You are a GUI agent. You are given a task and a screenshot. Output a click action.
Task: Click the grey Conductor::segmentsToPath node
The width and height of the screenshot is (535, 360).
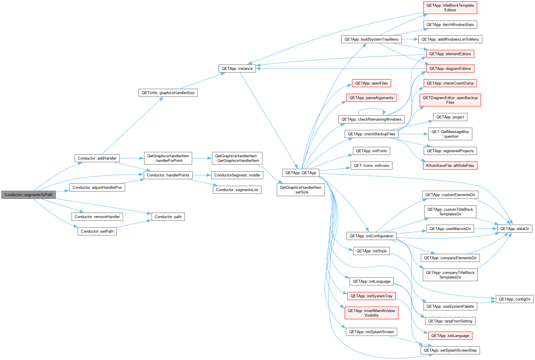click(x=29, y=195)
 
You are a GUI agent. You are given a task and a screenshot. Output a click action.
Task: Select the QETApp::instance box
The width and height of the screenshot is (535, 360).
click(x=237, y=69)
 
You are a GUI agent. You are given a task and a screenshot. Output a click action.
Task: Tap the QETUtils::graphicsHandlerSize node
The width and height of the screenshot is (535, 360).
click(x=168, y=93)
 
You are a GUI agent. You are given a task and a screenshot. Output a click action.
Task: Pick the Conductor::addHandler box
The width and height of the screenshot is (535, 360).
click(x=97, y=158)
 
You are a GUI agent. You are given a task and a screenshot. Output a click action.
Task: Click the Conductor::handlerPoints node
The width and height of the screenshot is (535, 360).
click(x=168, y=175)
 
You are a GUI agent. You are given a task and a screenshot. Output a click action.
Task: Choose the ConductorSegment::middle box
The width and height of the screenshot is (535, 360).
click(x=237, y=175)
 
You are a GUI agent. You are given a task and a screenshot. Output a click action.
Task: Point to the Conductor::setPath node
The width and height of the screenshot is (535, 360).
click(x=97, y=231)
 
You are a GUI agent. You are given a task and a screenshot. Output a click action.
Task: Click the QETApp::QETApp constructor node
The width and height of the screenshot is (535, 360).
click(x=301, y=173)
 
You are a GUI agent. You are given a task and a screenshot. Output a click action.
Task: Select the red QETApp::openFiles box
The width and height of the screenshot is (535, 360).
click(x=371, y=83)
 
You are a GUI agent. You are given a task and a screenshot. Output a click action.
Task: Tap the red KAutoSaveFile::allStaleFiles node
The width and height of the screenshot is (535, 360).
click(x=450, y=166)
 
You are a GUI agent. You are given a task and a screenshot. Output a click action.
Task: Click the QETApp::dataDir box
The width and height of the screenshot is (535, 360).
click(x=515, y=229)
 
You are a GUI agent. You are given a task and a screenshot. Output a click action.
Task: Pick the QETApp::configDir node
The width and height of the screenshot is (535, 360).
click(x=515, y=299)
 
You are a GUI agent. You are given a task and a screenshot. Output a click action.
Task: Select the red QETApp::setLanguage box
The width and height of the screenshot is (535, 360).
click(x=450, y=336)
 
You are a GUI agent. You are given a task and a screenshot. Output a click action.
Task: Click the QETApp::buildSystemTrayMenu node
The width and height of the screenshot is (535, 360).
click(x=371, y=40)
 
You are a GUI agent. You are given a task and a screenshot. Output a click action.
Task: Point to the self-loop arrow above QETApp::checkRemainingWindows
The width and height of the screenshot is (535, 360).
click(x=372, y=109)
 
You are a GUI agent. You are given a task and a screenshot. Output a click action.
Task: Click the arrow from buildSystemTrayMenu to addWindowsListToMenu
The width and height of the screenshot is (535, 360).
click(x=410, y=39)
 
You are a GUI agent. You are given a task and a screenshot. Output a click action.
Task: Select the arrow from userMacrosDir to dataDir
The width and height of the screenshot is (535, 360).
click(x=485, y=229)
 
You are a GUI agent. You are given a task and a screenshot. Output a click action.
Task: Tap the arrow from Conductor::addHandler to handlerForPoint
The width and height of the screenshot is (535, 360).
click(x=132, y=158)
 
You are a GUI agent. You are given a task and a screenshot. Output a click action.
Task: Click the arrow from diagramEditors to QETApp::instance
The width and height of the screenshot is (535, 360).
click(x=341, y=68)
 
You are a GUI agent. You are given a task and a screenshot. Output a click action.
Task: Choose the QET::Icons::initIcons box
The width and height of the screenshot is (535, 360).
click(x=371, y=166)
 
